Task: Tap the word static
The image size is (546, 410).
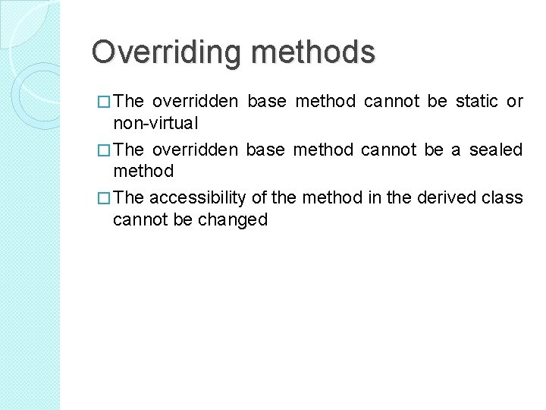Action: coord(477,101)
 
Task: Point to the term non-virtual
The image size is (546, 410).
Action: coord(155,122)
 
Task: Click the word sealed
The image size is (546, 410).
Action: coord(496,150)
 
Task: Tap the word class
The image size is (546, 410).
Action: coord(503,198)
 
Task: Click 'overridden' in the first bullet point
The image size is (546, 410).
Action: coord(195,101)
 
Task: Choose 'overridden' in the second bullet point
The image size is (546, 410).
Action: coord(195,150)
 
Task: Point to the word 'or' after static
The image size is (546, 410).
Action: coord(515,101)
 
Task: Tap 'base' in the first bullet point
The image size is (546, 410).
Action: coord(265,101)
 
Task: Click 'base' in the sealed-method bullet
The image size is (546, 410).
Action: coord(265,150)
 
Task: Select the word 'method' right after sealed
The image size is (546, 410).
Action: coord(143,171)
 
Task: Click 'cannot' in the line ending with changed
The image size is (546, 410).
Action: coord(136,219)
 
